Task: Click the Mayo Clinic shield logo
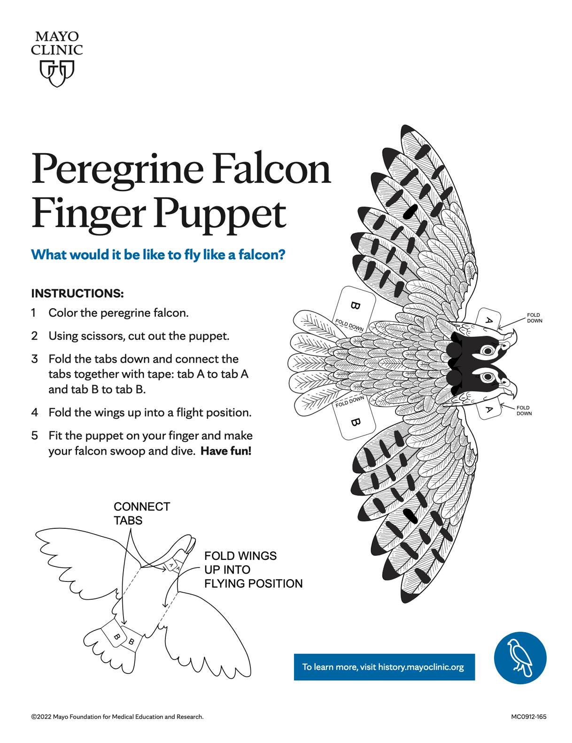pos(57,73)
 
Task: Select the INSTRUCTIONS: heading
pos(77,294)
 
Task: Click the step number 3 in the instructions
pos(34,359)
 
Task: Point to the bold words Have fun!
pos(226,451)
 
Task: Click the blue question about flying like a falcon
pos(158,255)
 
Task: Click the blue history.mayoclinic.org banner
pos(384,667)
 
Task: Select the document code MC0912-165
pos(529,717)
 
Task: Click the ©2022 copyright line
pos(117,717)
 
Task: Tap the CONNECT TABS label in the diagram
pos(141,513)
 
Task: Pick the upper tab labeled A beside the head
pos(489,319)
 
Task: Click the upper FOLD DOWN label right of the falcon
pos(534,317)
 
